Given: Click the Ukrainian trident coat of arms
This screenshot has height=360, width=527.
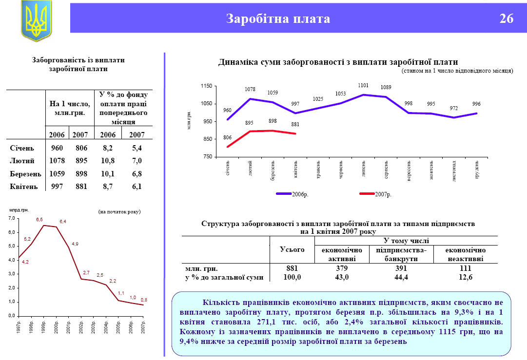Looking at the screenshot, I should point(36,20).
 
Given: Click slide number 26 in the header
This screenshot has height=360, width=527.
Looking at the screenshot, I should point(506,19).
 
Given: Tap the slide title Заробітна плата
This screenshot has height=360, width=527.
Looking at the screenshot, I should point(278,19).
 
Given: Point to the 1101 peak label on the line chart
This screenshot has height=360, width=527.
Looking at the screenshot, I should point(363,85).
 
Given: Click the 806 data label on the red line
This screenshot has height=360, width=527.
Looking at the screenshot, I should point(227,137).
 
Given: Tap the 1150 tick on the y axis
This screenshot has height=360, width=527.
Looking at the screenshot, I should point(206,86).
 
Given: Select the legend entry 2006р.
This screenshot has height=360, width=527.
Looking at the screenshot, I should point(300,194).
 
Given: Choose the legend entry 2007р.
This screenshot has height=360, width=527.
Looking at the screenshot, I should point(383,194).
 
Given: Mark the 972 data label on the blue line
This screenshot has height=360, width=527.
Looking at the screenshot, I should point(454,109).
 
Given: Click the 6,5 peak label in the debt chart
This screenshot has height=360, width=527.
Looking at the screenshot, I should point(39,220).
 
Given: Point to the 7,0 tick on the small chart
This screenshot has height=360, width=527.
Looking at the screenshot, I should point(12,218).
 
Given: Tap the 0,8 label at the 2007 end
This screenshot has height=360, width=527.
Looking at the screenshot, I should point(144,300).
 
